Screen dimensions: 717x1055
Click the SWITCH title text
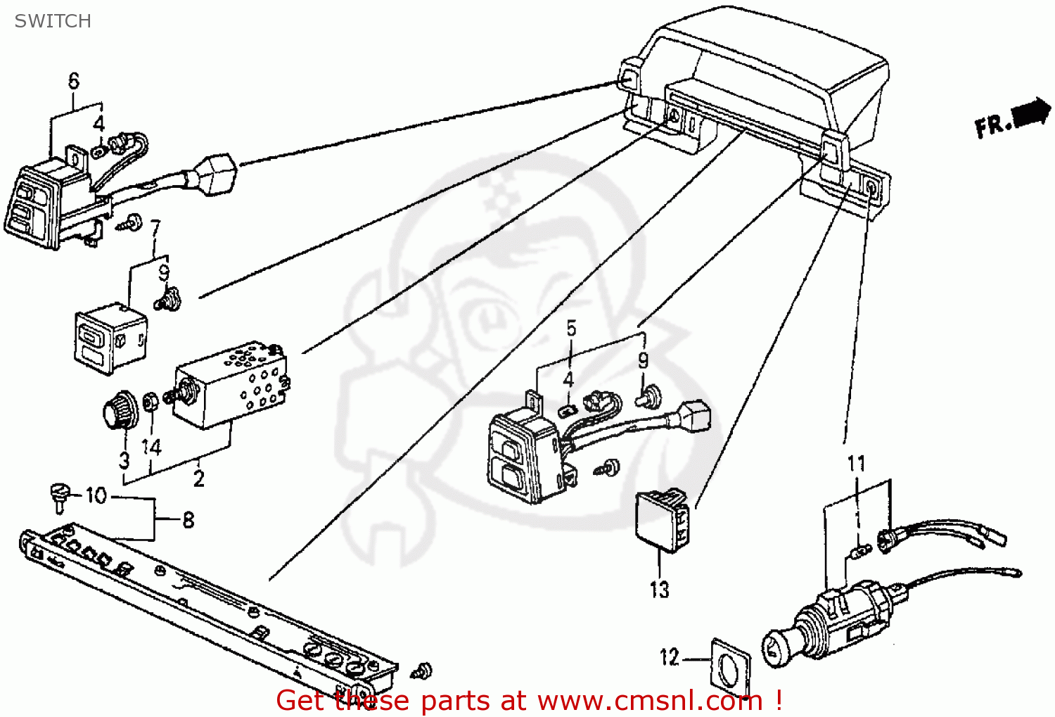click(53, 21)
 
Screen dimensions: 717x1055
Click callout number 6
click(74, 81)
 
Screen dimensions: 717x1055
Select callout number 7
click(155, 228)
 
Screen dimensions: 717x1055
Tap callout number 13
click(659, 590)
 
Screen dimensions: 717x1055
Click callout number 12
click(669, 657)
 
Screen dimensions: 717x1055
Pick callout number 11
click(856, 464)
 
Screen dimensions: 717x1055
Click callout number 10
click(96, 496)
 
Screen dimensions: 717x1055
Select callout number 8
click(188, 520)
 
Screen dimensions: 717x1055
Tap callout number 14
click(151, 448)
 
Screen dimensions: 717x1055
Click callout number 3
click(124, 461)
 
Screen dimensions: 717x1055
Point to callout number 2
click(199, 479)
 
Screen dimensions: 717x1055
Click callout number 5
click(571, 329)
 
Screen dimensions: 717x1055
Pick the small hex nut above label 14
click(150, 402)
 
